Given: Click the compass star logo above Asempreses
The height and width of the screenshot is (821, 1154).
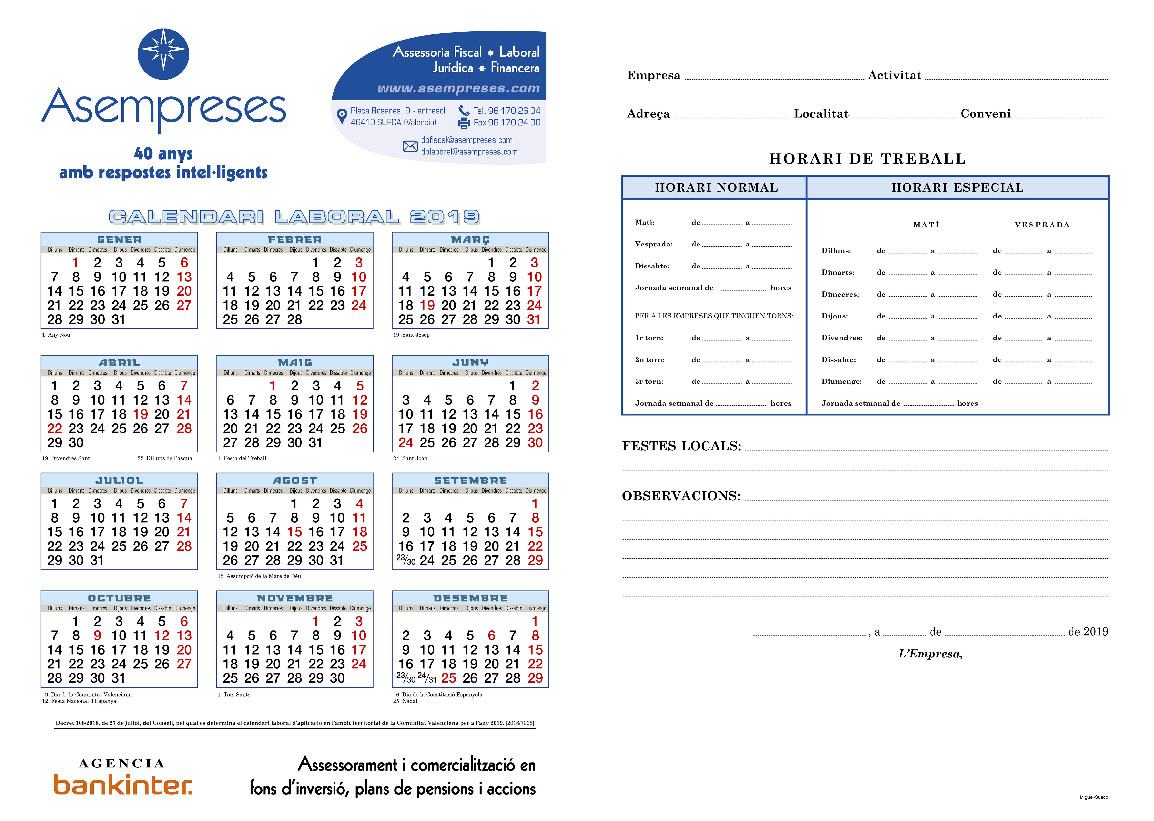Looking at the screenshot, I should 163,54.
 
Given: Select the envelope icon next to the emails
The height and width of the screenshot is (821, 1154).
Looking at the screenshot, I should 410,146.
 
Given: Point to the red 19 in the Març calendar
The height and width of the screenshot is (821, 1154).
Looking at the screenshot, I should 427,305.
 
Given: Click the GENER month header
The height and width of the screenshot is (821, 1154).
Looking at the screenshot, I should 119,240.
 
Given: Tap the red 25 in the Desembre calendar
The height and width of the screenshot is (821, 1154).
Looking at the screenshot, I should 448,678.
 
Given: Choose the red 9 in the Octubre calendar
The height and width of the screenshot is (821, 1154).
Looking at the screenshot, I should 97,636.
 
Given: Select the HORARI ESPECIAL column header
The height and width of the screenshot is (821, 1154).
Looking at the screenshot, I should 957,187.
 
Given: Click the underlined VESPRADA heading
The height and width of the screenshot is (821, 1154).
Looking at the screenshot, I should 1042,225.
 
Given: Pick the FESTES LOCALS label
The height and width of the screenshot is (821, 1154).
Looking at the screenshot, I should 681,446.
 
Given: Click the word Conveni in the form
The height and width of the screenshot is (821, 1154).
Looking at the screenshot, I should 985,114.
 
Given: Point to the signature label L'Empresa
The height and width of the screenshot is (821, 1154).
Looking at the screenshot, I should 930,654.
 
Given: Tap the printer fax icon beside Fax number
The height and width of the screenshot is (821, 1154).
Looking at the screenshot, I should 464,122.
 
